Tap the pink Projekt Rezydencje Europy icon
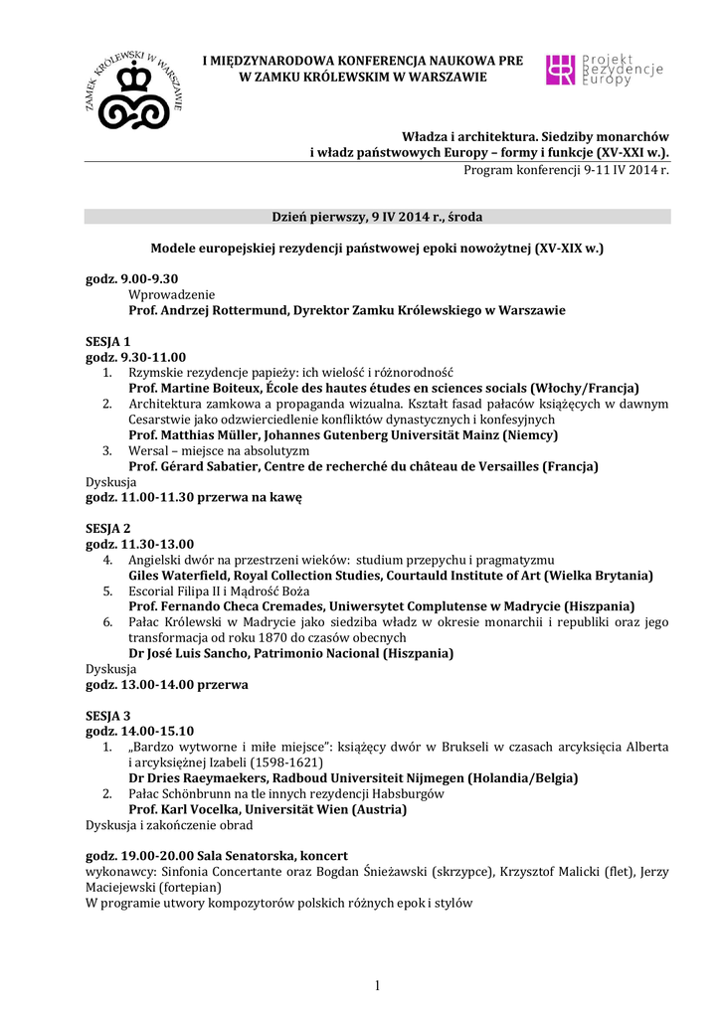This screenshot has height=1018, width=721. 561,70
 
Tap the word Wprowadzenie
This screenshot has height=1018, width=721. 171,294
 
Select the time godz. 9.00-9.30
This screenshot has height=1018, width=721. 131,279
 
